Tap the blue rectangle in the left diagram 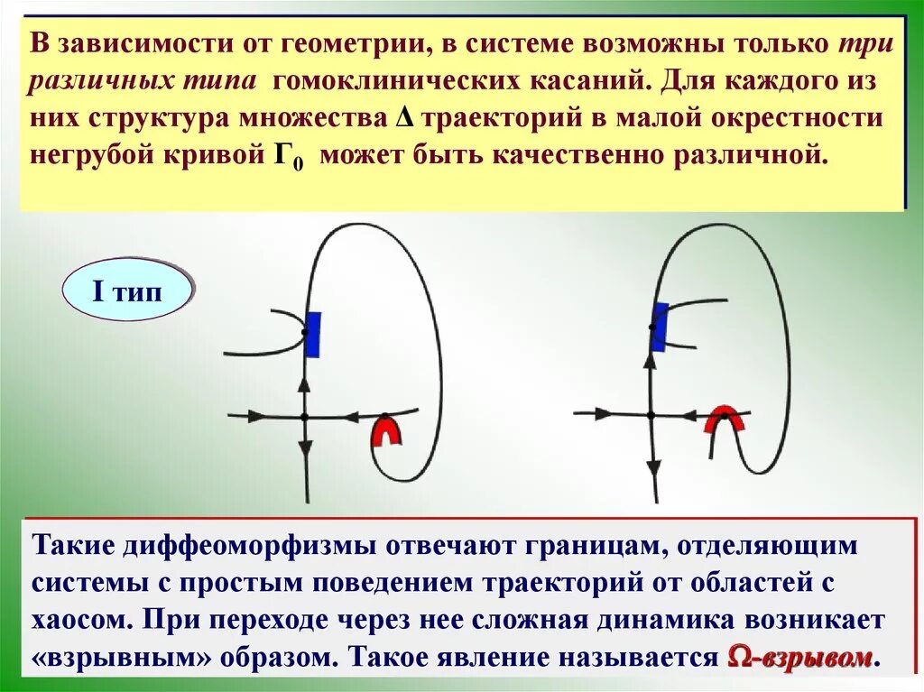tap(312, 334)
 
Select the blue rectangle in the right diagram tap(660, 326)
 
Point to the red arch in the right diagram tap(725, 420)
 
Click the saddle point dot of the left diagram tap(304, 416)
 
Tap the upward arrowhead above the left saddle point tap(304, 383)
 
